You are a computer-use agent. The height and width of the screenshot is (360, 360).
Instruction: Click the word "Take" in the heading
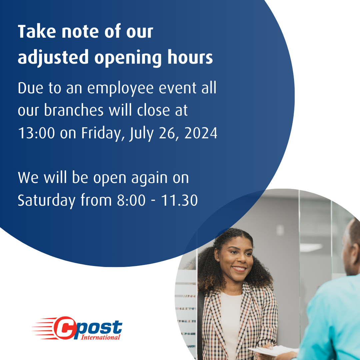tap(37, 31)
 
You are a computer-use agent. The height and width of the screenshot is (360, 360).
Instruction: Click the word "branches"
tap(74, 110)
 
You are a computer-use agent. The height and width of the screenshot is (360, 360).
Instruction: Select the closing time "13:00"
tap(36, 133)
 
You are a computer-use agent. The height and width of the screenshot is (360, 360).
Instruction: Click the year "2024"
tap(201, 133)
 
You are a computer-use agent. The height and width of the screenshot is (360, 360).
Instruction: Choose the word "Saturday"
tap(46, 201)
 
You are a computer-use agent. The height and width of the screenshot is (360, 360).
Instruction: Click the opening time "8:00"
tap(131, 200)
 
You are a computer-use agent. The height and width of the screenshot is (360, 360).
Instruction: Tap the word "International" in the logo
tap(101, 337)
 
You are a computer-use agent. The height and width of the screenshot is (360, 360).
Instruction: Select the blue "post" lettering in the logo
tap(98, 327)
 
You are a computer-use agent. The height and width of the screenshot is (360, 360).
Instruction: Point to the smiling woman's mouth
tap(239, 268)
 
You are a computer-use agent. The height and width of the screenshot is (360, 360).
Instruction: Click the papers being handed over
tap(274, 350)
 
